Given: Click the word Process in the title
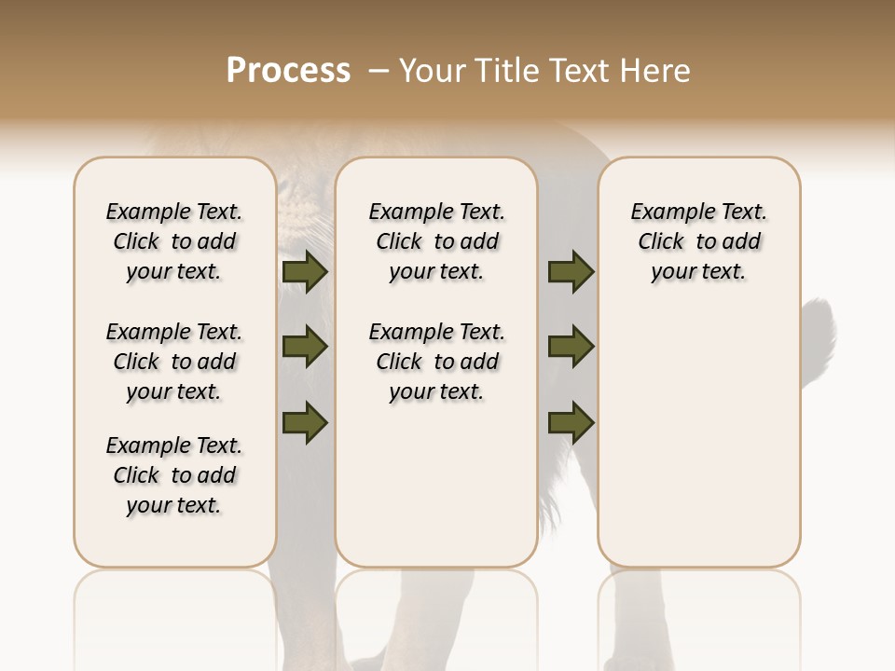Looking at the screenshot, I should (x=288, y=71).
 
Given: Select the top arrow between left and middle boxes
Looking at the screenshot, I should (x=305, y=272).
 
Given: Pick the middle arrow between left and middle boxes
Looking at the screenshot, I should (x=305, y=348).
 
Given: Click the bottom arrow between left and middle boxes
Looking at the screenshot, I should (x=305, y=423).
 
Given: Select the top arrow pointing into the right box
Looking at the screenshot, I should (x=571, y=272).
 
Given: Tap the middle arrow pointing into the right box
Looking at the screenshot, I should (x=571, y=348).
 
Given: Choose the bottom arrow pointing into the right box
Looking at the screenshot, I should (x=571, y=423).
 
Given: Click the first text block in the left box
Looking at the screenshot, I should (x=174, y=241).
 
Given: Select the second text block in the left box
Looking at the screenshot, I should (x=174, y=362).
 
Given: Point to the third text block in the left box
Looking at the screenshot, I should (x=174, y=475).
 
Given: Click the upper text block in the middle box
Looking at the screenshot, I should (x=436, y=241).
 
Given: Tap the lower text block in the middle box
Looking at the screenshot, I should (x=436, y=362).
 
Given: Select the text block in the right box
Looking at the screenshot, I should (x=699, y=241).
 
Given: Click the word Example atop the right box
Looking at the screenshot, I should (x=668, y=212).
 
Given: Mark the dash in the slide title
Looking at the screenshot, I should (x=379, y=71).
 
